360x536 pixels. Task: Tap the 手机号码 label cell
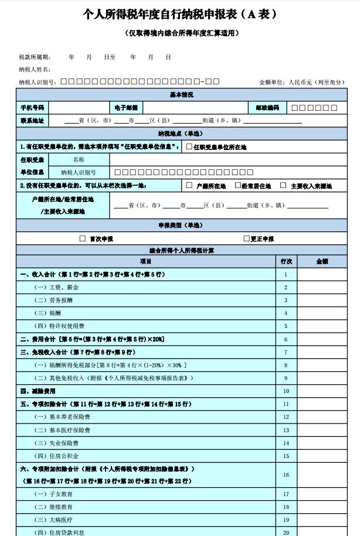click(x=32, y=108)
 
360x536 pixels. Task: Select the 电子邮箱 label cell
click(x=126, y=108)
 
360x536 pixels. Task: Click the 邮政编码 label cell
click(x=267, y=108)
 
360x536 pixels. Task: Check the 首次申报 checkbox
click(x=82, y=239)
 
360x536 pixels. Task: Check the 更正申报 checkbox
click(x=246, y=239)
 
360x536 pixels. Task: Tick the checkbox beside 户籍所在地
click(x=189, y=186)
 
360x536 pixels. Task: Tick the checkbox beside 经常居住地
click(x=237, y=186)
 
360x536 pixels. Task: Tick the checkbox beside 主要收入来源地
click(x=283, y=186)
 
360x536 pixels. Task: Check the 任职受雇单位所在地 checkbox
click(x=189, y=146)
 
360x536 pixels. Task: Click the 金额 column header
click(x=322, y=261)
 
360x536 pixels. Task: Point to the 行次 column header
click(x=286, y=261)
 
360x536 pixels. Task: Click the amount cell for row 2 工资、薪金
click(x=322, y=288)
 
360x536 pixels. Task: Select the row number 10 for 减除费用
click(x=286, y=391)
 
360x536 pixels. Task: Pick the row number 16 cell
click(x=286, y=475)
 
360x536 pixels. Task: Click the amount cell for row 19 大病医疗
click(x=322, y=520)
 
